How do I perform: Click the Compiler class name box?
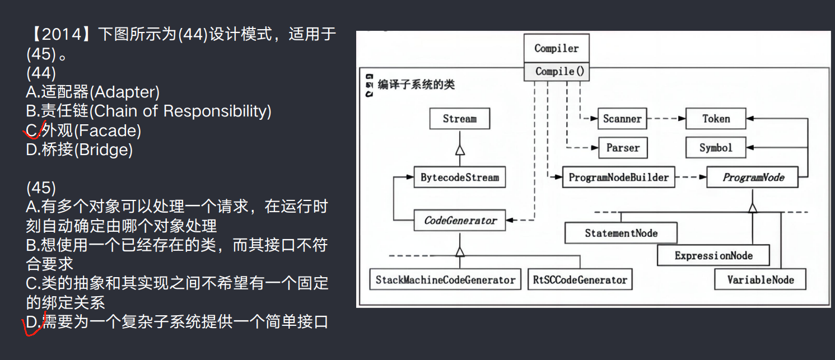(556, 48)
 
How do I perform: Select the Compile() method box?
(556, 72)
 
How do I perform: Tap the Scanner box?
(622, 119)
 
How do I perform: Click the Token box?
(716, 119)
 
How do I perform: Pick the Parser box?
(623, 148)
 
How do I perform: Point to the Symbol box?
(716, 148)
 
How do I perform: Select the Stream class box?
(459, 119)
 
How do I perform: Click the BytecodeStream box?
(459, 177)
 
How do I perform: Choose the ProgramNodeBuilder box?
(618, 177)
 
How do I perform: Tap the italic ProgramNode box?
(753, 177)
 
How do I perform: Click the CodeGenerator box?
(460, 220)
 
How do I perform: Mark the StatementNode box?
(621, 233)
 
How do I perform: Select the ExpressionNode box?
(713, 256)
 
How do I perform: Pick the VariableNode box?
(760, 279)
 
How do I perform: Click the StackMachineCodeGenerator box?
(445, 279)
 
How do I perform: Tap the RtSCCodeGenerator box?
(580, 279)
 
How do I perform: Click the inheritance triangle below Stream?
(460, 149)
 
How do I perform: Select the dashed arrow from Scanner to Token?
(666, 119)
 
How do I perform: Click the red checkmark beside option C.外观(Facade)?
(32, 132)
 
